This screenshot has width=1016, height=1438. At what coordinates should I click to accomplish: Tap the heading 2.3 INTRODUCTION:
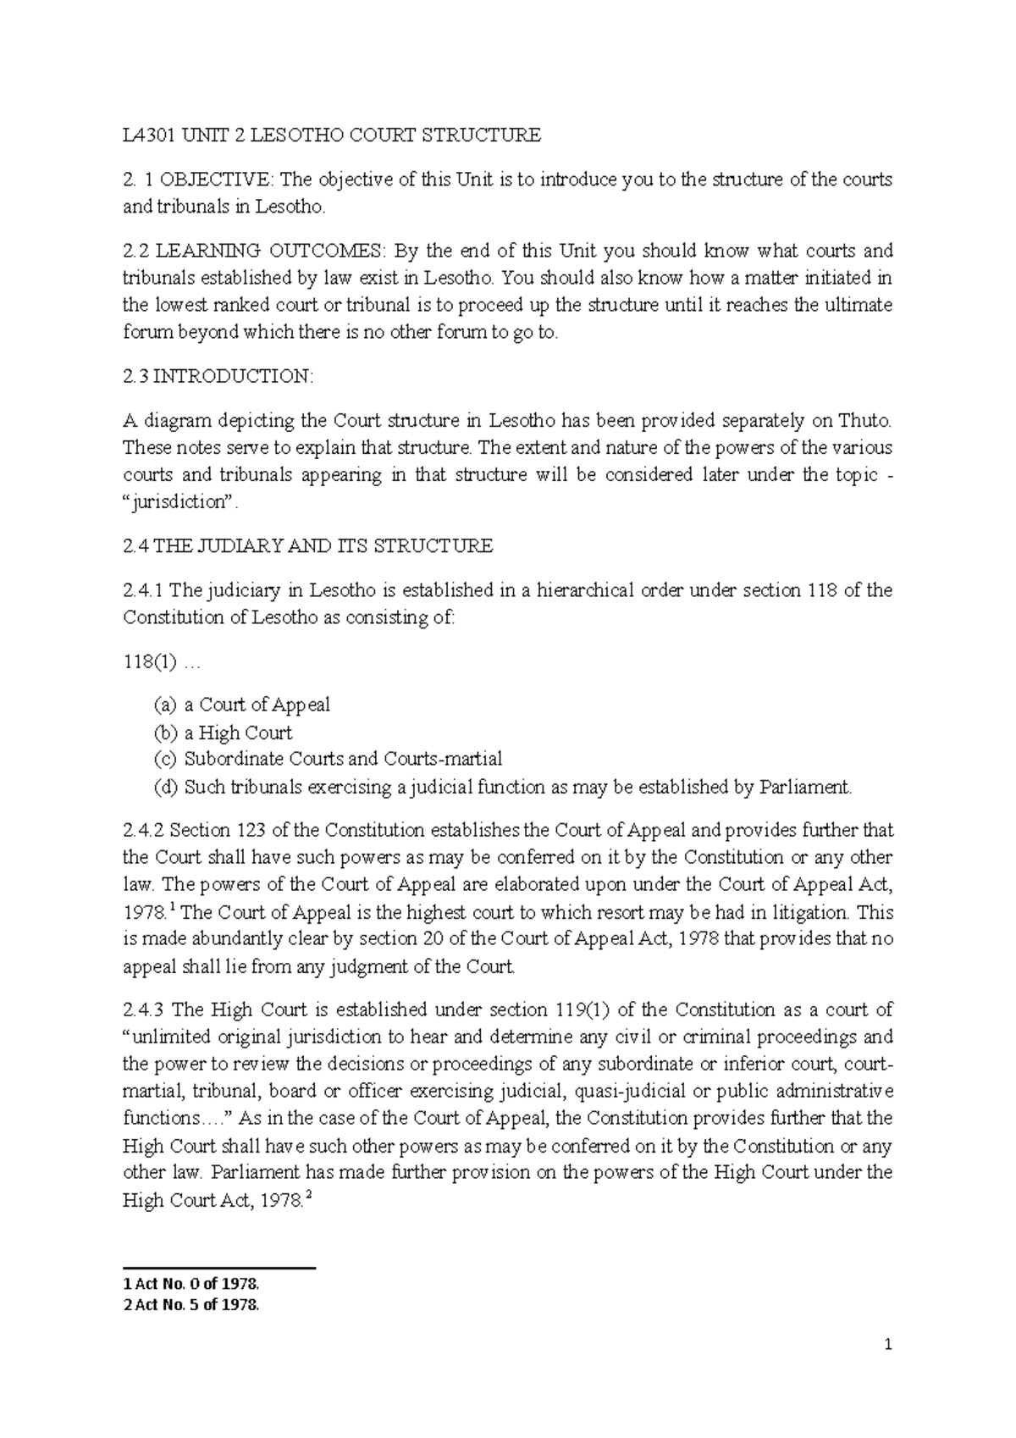coord(218,377)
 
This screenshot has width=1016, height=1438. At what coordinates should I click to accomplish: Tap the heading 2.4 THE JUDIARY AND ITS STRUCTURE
coord(307,546)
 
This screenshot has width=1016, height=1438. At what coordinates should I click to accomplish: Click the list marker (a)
coord(165,705)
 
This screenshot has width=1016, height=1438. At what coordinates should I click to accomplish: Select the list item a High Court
coord(238,733)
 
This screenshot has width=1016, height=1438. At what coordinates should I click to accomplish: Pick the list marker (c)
coord(165,760)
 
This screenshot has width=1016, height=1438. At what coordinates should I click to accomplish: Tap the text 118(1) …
coord(160,662)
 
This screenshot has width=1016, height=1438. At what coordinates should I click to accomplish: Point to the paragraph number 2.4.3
coord(146,1009)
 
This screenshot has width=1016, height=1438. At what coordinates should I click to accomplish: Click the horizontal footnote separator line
coord(219,1268)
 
